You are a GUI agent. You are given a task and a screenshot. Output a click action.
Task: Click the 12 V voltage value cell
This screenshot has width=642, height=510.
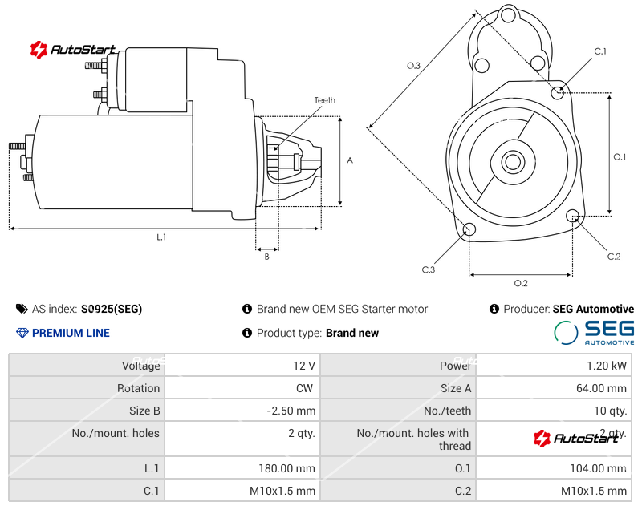(x=304, y=366)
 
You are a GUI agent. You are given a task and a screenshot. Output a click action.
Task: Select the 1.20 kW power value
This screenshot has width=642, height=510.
(x=609, y=366)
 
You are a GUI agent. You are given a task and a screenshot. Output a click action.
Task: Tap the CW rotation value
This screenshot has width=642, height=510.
(x=305, y=388)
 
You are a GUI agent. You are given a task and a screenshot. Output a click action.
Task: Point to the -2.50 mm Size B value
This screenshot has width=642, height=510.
(x=291, y=411)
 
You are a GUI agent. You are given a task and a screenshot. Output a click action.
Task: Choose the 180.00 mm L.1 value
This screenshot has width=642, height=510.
(x=286, y=468)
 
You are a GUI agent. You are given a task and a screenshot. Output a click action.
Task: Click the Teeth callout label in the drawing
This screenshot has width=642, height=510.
(x=325, y=100)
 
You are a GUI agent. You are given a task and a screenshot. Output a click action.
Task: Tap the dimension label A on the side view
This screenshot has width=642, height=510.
(x=350, y=160)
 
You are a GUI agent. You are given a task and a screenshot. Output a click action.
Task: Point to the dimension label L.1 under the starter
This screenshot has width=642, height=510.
(x=161, y=237)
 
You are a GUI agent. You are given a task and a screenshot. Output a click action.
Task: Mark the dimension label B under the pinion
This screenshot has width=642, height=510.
(x=266, y=257)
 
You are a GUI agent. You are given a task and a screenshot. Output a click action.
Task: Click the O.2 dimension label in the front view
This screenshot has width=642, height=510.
(x=520, y=283)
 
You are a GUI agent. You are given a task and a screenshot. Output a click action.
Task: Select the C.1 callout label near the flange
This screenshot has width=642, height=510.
(x=600, y=51)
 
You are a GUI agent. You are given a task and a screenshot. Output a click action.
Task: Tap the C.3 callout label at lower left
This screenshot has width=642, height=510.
(x=429, y=269)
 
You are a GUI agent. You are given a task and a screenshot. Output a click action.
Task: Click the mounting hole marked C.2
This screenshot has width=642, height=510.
(x=573, y=216)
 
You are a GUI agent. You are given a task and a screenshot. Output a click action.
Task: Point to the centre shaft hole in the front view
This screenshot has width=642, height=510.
(x=512, y=162)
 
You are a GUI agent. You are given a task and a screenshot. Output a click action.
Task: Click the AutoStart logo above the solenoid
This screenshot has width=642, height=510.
(x=73, y=50)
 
